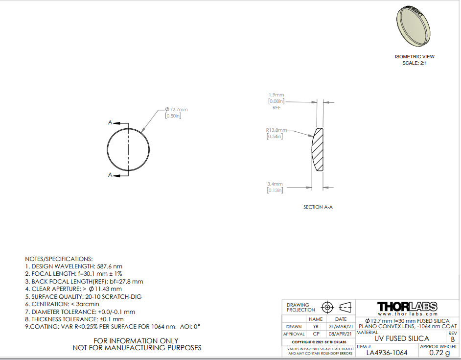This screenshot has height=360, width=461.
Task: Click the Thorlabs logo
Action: tap(407, 307)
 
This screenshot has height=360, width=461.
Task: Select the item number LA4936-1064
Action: tap(387, 353)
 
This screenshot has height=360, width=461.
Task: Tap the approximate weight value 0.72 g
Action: tap(439, 353)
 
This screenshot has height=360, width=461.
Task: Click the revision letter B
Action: tap(453, 339)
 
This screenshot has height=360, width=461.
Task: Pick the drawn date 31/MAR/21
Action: tap(341, 326)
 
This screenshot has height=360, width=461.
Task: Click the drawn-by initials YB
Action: tap(316, 326)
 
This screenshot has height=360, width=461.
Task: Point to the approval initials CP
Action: tap(316, 334)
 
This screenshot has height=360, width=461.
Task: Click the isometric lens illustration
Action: tap(413, 26)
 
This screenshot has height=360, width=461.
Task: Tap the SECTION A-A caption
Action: tap(318, 207)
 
